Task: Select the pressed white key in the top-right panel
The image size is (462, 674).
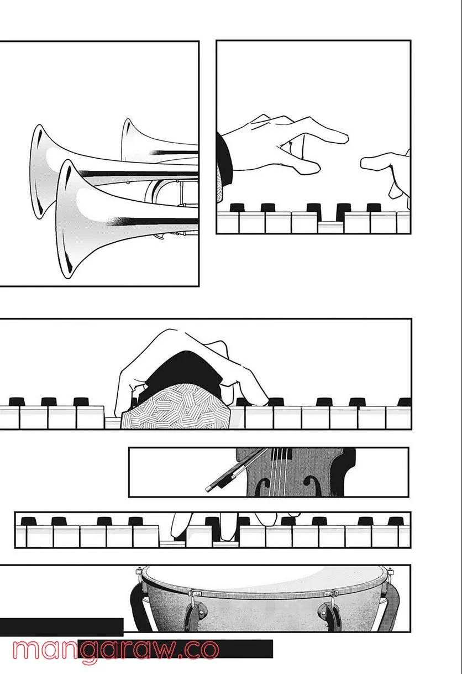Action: point(330,226)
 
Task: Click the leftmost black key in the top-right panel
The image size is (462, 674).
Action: point(237,208)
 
